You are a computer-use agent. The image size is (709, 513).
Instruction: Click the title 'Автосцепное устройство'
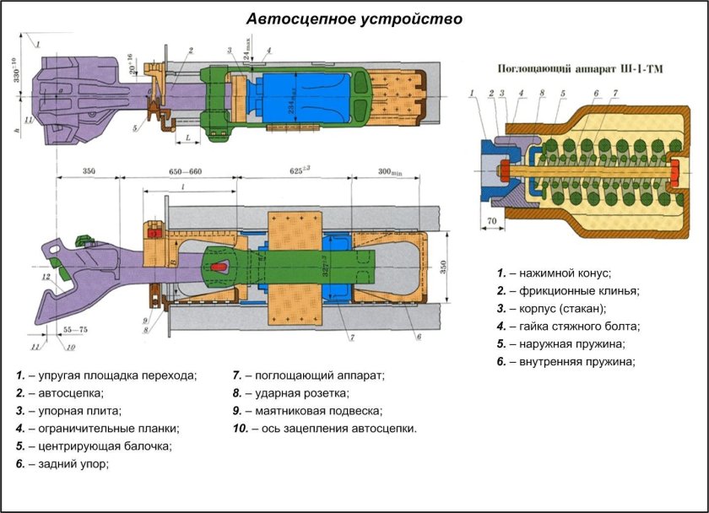click(354, 19)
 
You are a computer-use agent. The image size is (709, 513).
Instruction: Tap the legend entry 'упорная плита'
click(68, 411)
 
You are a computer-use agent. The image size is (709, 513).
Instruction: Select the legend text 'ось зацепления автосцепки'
click(325, 429)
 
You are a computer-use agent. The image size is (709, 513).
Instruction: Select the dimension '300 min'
click(389, 171)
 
